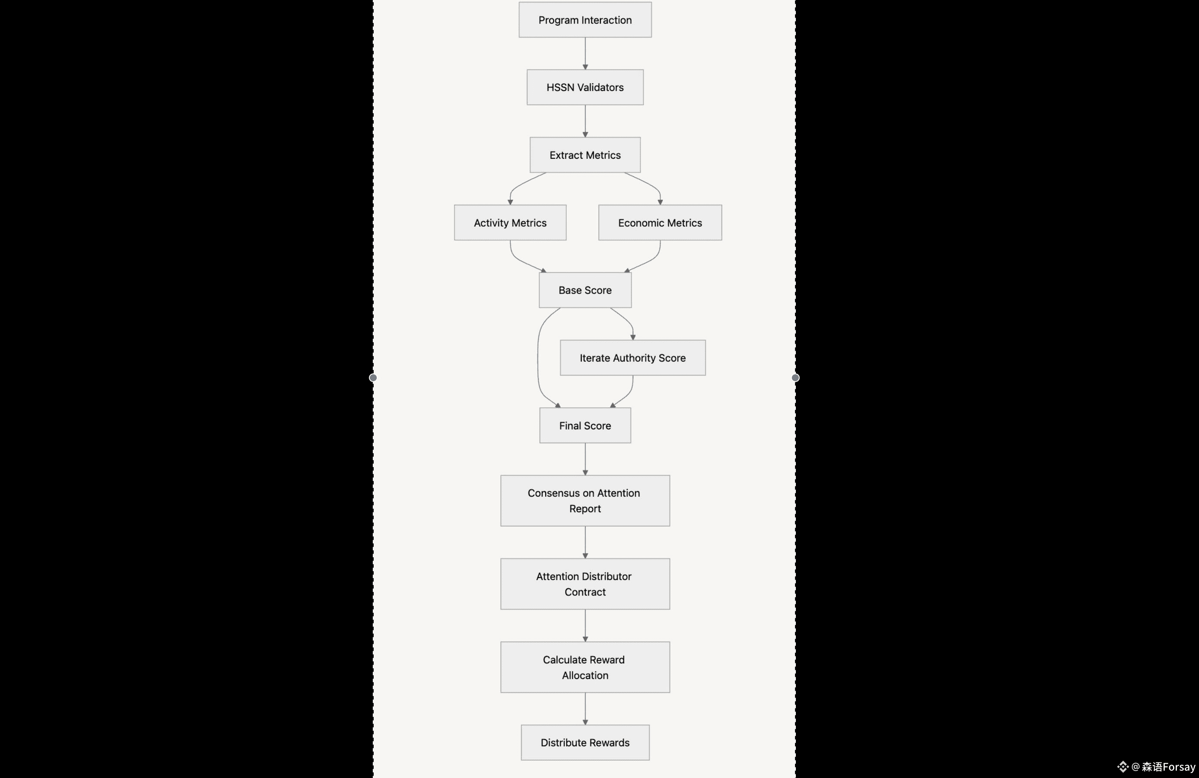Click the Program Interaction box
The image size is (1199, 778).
pyautogui.click(x=585, y=20)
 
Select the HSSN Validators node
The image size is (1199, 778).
pyautogui.click(x=585, y=87)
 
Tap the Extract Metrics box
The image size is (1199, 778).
pyautogui.click(x=585, y=155)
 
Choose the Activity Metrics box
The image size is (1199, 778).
pyautogui.click(x=510, y=222)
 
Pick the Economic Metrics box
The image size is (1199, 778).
pyautogui.click(x=660, y=222)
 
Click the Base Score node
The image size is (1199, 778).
pyautogui.click(x=585, y=290)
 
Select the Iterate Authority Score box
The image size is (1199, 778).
pyautogui.click(x=633, y=358)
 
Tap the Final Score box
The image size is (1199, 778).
pyautogui.click(x=585, y=425)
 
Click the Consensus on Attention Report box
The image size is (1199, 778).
pyautogui.click(x=585, y=500)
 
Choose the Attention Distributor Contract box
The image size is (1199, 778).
pyautogui.click(x=585, y=584)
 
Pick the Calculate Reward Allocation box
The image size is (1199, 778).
pyautogui.click(x=585, y=667)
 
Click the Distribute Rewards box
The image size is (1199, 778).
pyautogui.click(x=585, y=742)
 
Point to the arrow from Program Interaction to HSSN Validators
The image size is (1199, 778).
pyautogui.click(x=585, y=53)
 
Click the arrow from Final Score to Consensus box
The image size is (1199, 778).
pyautogui.click(x=585, y=459)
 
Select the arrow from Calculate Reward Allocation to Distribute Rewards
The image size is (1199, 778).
pyautogui.click(x=585, y=709)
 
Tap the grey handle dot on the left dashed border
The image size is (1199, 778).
pyautogui.click(x=373, y=377)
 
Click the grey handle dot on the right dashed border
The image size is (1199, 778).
pyautogui.click(x=795, y=377)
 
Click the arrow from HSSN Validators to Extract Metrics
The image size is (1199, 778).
pyautogui.click(x=585, y=121)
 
